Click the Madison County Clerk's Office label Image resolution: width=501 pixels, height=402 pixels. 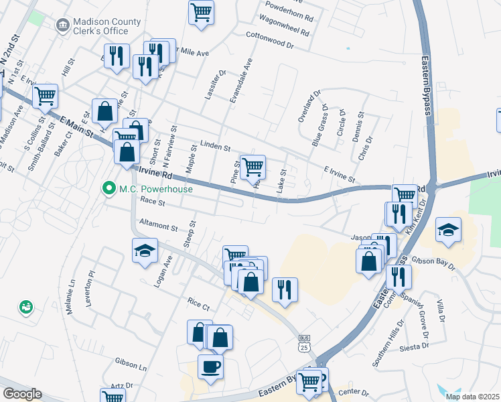[x=108, y=27]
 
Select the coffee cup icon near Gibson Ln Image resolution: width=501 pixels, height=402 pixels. [x=210, y=366]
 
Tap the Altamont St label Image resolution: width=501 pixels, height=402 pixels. [x=157, y=227]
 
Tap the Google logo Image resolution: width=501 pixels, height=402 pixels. [x=22, y=394]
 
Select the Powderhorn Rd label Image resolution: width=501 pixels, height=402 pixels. [x=289, y=13]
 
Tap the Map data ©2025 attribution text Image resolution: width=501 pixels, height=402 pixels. [x=472, y=396]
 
